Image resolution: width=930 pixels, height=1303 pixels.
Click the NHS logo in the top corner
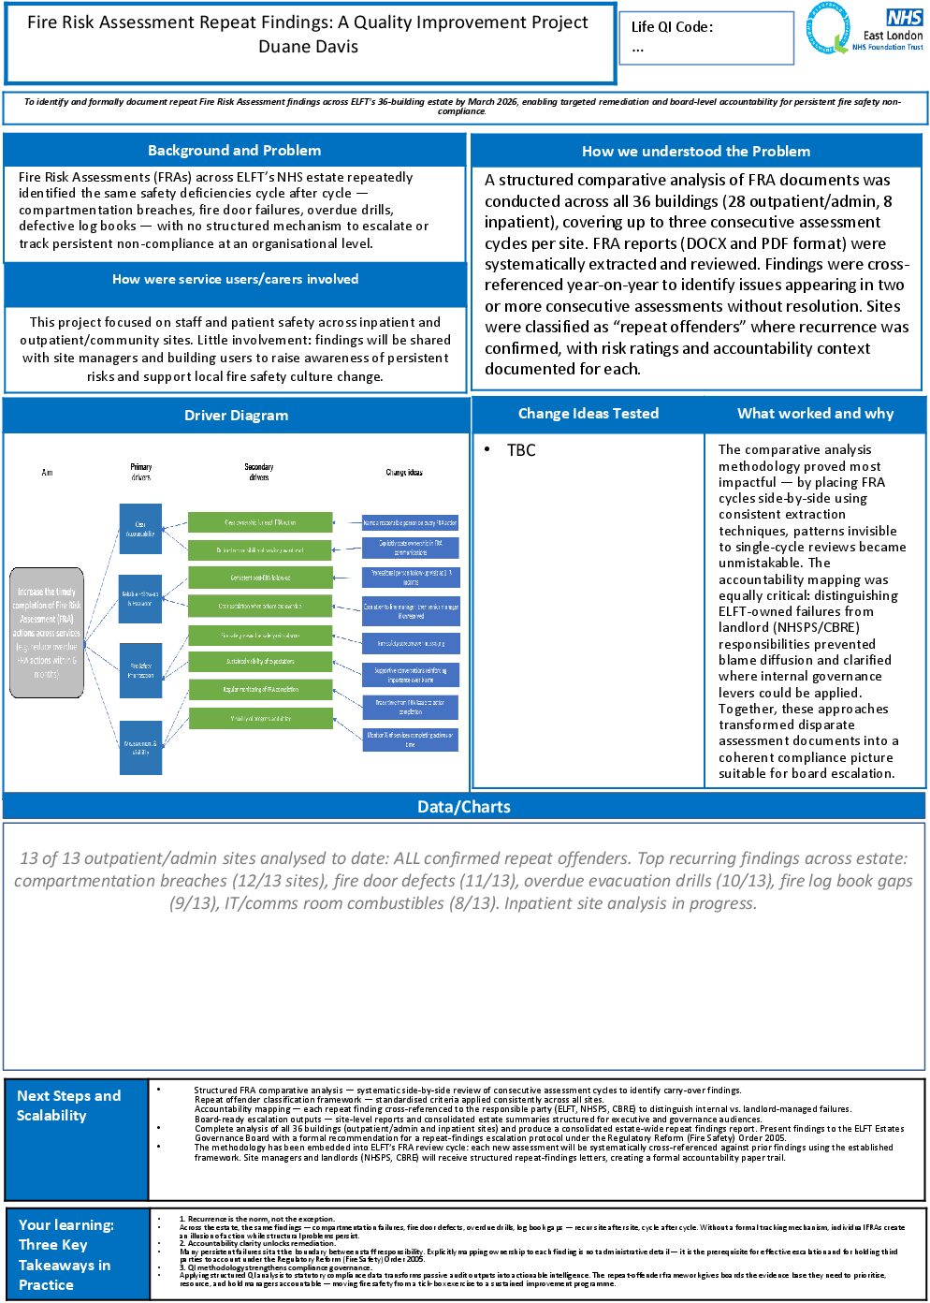[904, 18]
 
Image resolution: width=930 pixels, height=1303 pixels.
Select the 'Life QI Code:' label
[672, 27]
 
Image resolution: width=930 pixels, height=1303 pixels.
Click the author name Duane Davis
[308, 47]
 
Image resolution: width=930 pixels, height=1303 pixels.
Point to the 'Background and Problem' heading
[234, 151]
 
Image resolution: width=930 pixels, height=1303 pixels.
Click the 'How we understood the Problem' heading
[696, 152]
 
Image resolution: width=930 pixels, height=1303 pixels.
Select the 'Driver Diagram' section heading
[236, 416]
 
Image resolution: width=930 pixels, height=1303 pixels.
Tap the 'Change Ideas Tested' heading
[589, 414]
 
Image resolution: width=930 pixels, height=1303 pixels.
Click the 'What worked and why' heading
[815, 414]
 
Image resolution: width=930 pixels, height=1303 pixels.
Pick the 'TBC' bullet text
[521, 450]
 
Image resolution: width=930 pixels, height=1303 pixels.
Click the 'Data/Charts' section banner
[464, 807]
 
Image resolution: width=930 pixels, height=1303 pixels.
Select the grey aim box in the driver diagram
[47, 632]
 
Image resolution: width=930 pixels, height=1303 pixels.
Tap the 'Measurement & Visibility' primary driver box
[140, 747]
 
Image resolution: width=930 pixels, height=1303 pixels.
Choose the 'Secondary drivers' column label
[259, 472]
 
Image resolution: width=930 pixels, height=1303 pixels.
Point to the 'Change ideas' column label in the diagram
[404, 473]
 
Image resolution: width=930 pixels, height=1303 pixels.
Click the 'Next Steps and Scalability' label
[68, 1105]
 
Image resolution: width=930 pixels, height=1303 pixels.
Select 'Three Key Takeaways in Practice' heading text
[65, 1265]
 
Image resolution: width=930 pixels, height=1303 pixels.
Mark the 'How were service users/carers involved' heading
[235, 279]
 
